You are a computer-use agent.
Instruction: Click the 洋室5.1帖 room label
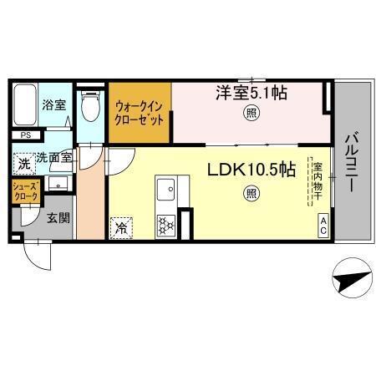[x=252, y=94]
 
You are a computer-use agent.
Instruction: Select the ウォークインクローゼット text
[x=140, y=111]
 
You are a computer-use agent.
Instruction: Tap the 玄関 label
[x=57, y=218]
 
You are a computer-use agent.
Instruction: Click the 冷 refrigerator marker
[x=121, y=226]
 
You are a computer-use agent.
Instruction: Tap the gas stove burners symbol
[x=164, y=223]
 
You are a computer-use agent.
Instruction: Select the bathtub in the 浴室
[x=25, y=106]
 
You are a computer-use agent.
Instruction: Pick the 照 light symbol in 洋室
[x=250, y=113]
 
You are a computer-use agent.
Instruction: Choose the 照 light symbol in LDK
[x=252, y=194]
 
